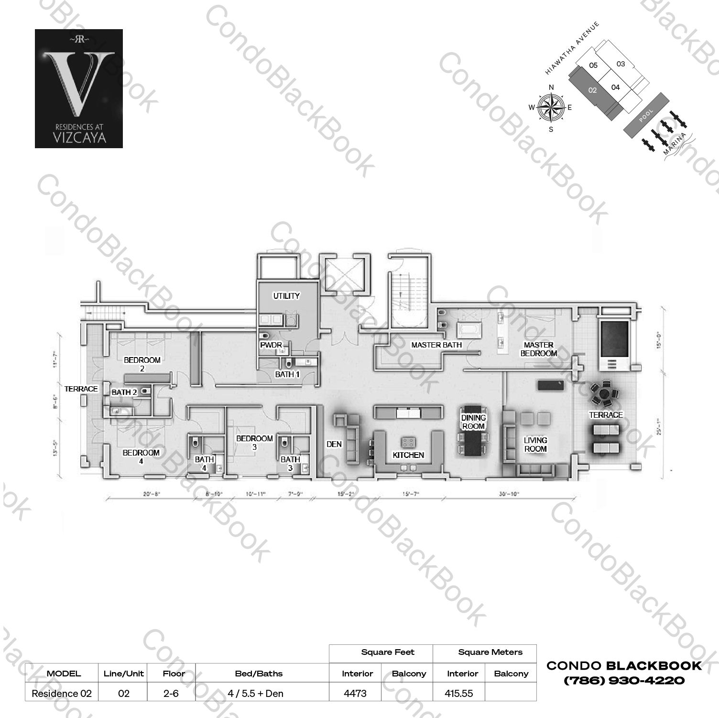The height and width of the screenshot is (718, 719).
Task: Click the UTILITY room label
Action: coord(286,296)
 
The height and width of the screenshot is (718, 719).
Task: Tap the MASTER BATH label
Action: coord(436,345)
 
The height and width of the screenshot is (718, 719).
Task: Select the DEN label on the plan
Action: coord(334,444)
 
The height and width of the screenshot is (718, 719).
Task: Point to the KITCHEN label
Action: coord(408,455)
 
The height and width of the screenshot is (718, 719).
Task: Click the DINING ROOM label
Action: coord(473,422)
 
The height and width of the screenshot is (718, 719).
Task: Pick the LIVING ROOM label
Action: coord(535,445)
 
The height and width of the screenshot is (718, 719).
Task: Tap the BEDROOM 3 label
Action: coord(254,443)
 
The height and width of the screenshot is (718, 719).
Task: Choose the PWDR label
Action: coord(271,345)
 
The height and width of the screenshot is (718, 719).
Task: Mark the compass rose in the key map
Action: coord(551,108)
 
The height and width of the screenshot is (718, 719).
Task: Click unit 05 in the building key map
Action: coord(593,65)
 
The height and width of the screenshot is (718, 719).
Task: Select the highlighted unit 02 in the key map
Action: coord(592,90)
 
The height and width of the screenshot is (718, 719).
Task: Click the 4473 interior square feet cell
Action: coord(355,693)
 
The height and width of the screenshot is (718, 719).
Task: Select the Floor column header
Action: coord(173,674)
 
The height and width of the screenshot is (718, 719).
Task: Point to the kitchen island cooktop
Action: coord(408,441)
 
